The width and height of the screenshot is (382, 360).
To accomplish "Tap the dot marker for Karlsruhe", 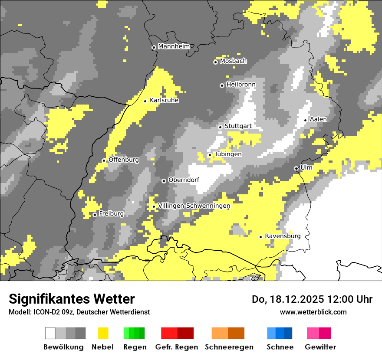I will (145, 101).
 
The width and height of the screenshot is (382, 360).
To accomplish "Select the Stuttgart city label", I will (238, 126).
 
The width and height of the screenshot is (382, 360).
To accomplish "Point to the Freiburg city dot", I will (95, 215).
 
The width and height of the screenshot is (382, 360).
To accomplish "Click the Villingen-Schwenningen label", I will (194, 206).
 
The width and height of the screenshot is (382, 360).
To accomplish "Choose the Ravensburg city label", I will (283, 236).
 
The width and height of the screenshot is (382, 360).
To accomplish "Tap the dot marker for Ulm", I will (296, 168).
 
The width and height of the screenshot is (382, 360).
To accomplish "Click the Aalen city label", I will (318, 119).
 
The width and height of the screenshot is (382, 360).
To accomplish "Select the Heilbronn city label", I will (241, 85).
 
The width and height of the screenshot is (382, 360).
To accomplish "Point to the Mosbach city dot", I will (215, 62).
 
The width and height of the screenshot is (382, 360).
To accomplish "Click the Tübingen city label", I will (228, 154).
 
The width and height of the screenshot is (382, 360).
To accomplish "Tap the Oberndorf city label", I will (184, 180).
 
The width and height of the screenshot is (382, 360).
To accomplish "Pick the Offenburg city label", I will (124, 160).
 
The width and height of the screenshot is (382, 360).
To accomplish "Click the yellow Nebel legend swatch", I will (103, 333).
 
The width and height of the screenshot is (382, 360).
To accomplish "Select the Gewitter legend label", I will (320, 347).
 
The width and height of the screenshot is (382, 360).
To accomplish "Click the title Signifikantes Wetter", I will (72, 299).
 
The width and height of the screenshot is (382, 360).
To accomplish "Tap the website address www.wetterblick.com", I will (313, 312).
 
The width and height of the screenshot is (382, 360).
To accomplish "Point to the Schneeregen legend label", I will (229, 347).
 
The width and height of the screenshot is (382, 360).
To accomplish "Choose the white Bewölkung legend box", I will (50, 333).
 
